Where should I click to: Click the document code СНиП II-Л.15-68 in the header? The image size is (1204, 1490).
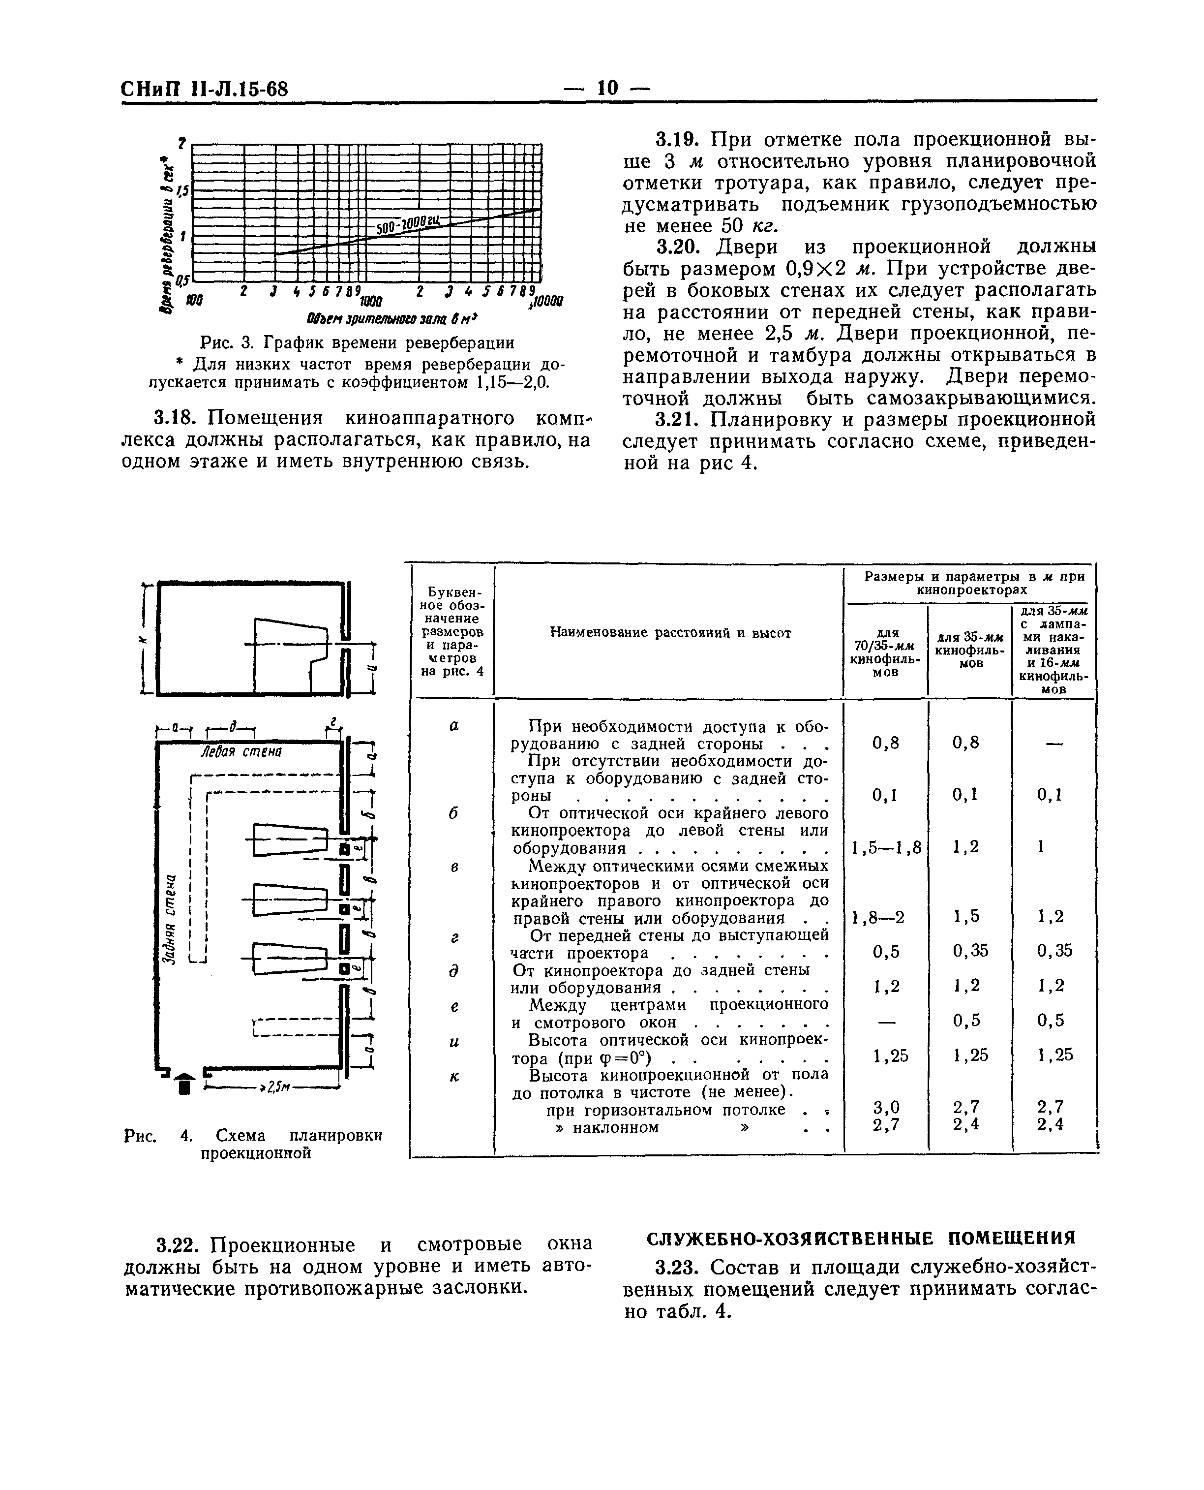[x=205, y=90]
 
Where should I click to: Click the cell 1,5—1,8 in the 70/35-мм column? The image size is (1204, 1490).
[x=886, y=847]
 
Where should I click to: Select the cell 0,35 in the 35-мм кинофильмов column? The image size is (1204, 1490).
[x=969, y=951]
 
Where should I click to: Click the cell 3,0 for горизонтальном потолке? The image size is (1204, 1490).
[x=886, y=1106]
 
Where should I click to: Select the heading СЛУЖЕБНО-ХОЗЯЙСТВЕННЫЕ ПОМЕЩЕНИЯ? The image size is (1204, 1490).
[x=860, y=1238]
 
